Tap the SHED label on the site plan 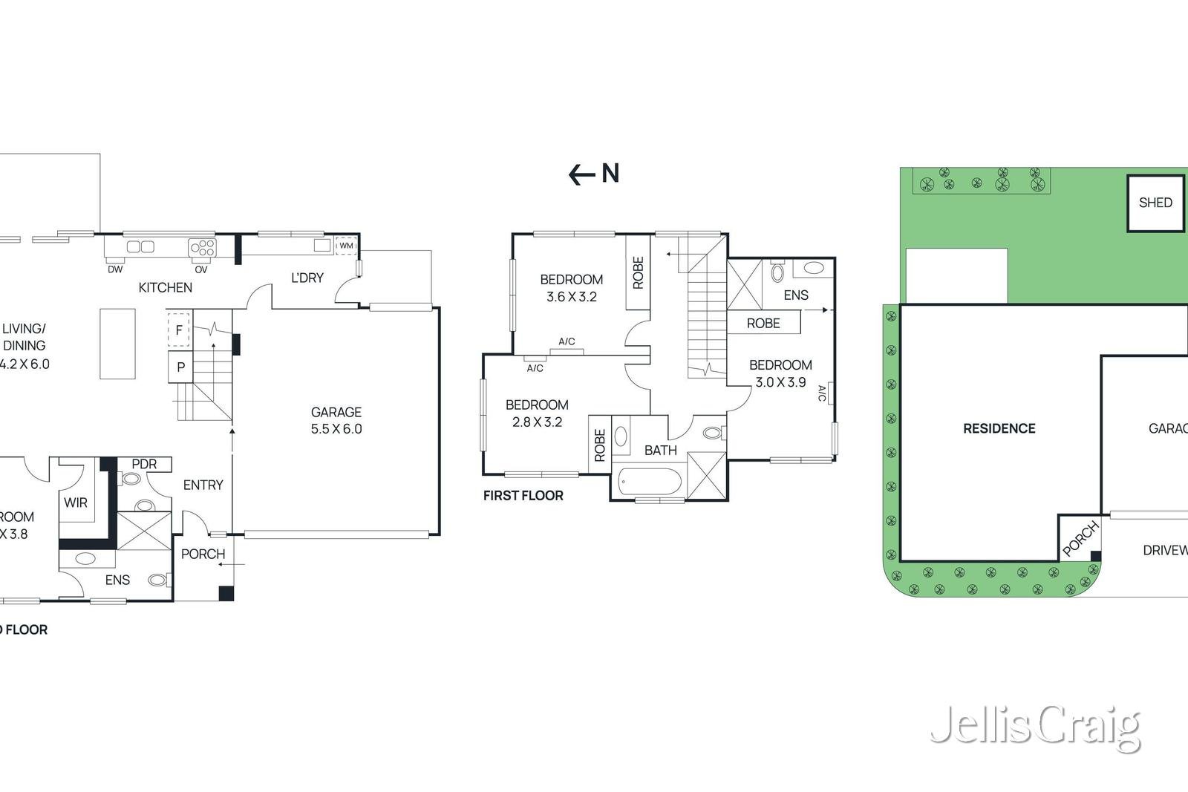coord(1155,203)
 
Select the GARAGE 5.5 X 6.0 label coord(336,420)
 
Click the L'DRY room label coord(307,278)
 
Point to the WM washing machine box coord(346,246)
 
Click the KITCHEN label coord(165,287)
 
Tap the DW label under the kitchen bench coord(115,269)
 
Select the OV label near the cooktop coord(201,269)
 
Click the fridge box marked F coord(179,330)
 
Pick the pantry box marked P coord(180,367)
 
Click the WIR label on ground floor coord(76,503)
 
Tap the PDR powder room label coord(144,464)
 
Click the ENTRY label coord(203,485)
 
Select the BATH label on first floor coord(660,450)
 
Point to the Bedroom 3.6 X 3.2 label coord(571,288)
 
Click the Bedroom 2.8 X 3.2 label coord(537,413)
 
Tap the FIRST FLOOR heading coord(523,495)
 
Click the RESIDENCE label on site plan coord(999,428)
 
